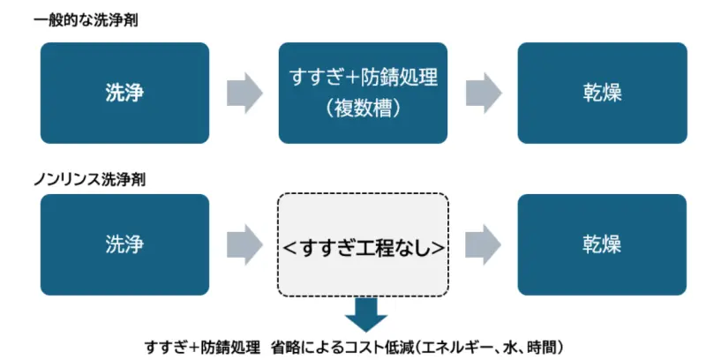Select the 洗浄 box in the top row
[124, 93]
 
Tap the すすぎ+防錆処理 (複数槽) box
[364, 93]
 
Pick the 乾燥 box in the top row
[601, 93]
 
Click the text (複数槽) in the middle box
[364, 109]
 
